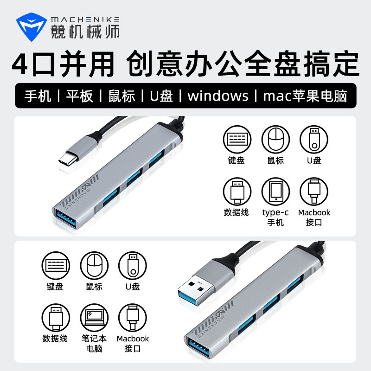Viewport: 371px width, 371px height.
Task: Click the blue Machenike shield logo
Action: pos(31,27)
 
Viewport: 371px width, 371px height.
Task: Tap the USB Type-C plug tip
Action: pos(68,158)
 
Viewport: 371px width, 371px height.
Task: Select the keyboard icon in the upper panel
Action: pos(237,140)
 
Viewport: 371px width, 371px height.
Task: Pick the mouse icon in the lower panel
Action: pos(94,265)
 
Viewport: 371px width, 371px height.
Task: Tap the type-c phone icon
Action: pos(275,192)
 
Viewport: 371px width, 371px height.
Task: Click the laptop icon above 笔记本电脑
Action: pos(94,318)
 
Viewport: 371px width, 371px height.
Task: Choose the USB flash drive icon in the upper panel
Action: pos(314,140)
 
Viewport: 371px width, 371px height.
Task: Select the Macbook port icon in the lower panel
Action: pos(133,318)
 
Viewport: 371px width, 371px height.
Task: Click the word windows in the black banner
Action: pos(218,96)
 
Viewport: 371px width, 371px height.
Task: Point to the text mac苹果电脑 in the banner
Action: pos(305,96)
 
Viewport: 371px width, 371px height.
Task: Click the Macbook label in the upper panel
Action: pos(314,212)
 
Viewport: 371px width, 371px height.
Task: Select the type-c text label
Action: pos(275,213)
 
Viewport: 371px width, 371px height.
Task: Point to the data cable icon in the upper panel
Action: pos(237,192)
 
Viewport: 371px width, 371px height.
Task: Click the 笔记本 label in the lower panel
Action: pos(94,339)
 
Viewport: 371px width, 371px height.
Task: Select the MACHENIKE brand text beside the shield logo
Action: pos(85,20)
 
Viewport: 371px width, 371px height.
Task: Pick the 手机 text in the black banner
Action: pos(38,96)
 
